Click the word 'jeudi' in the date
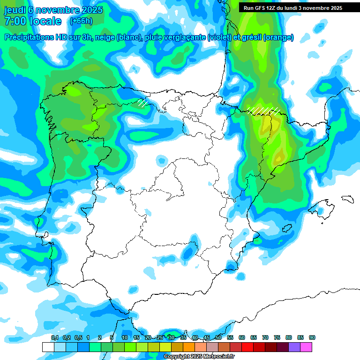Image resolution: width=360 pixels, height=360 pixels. coord(15,10)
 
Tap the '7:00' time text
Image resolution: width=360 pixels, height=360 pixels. coord(17,21)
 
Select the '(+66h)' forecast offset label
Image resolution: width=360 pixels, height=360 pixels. coord(81,21)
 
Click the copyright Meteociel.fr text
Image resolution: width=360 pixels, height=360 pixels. coord(199,357)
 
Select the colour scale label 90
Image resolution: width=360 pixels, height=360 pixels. coord(312,337)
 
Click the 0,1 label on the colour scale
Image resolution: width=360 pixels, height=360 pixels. coord(55,337)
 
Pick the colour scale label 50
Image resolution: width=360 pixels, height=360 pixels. coord(218,337)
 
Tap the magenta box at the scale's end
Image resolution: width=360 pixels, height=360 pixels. coord(306,347)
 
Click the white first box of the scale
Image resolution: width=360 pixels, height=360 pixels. coord(48,347)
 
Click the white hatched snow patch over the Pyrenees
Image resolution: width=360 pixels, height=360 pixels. coord(263,111)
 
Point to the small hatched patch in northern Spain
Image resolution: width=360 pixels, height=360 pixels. coord(142,102)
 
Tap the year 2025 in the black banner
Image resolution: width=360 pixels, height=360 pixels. coord(333,8)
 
